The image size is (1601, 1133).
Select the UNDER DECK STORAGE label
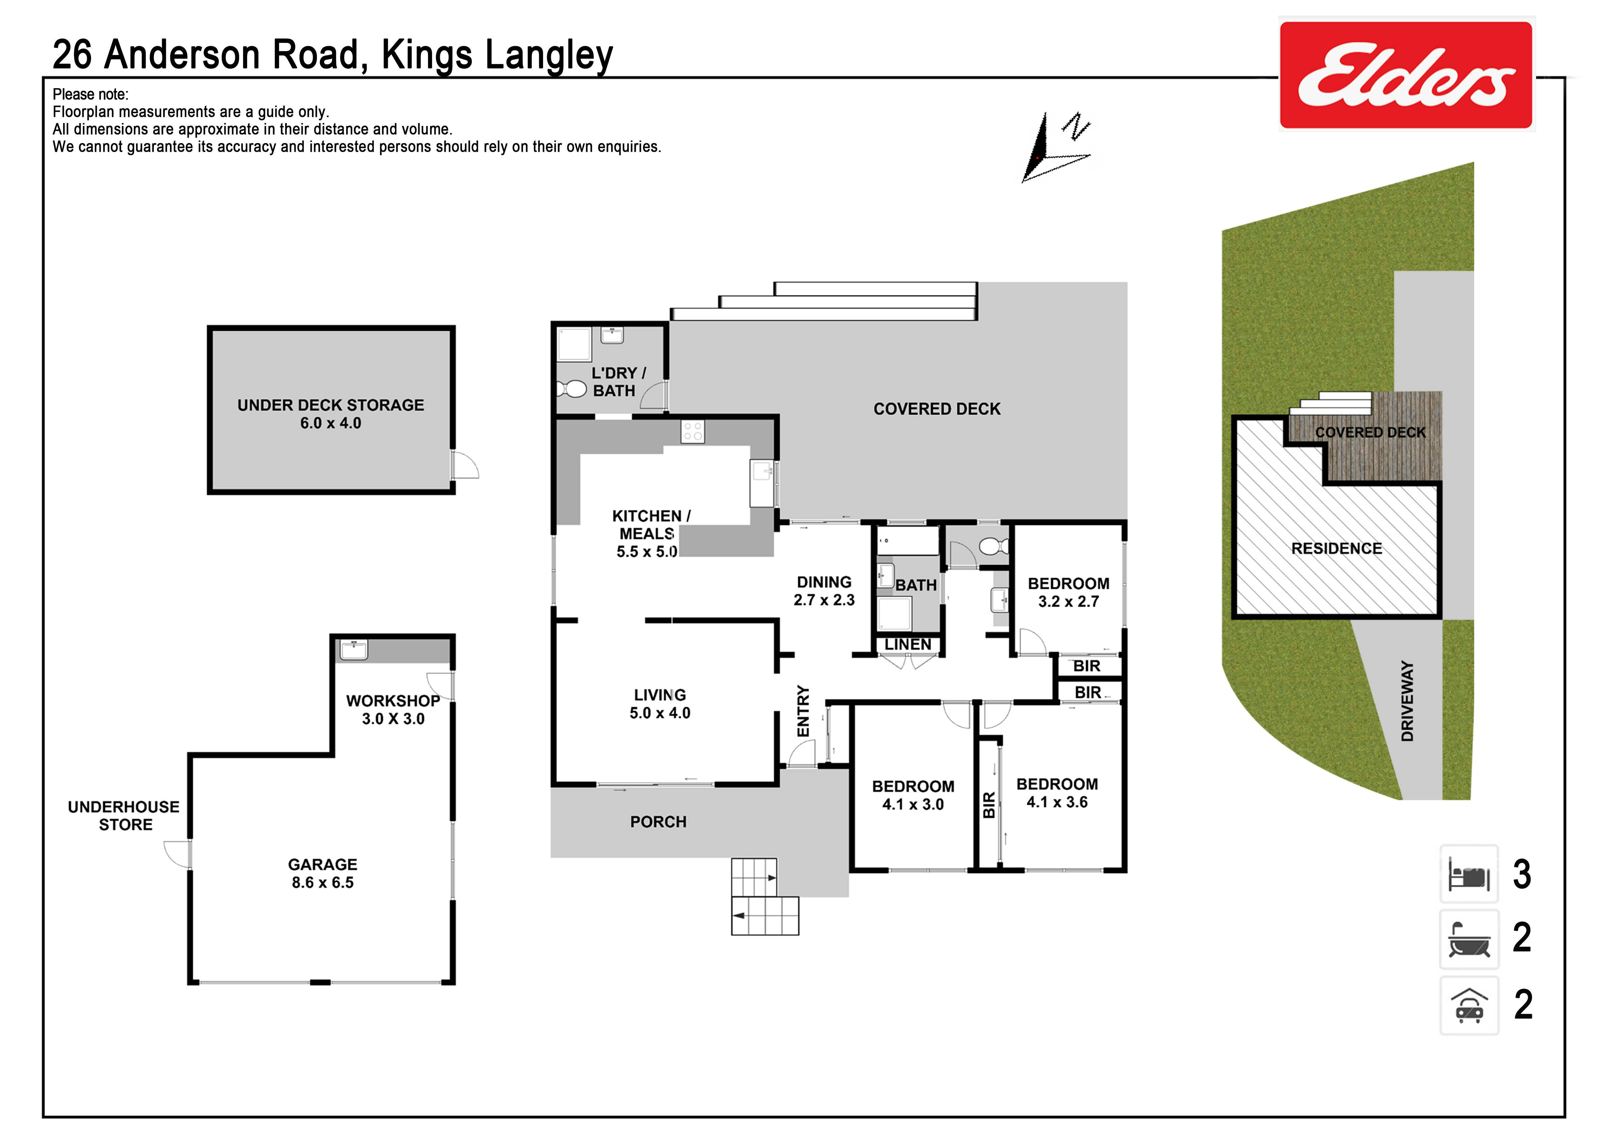pos(330,414)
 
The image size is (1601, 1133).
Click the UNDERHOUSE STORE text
pos(124,816)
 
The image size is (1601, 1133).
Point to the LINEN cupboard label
pos(908,645)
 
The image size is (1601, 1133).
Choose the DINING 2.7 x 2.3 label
pos(824,591)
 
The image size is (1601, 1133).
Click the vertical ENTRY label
pos(803,711)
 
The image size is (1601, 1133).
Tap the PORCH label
pos(658,822)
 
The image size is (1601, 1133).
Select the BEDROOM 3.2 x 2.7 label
pos(1068,592)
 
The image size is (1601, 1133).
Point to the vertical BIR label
pos(989,805)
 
